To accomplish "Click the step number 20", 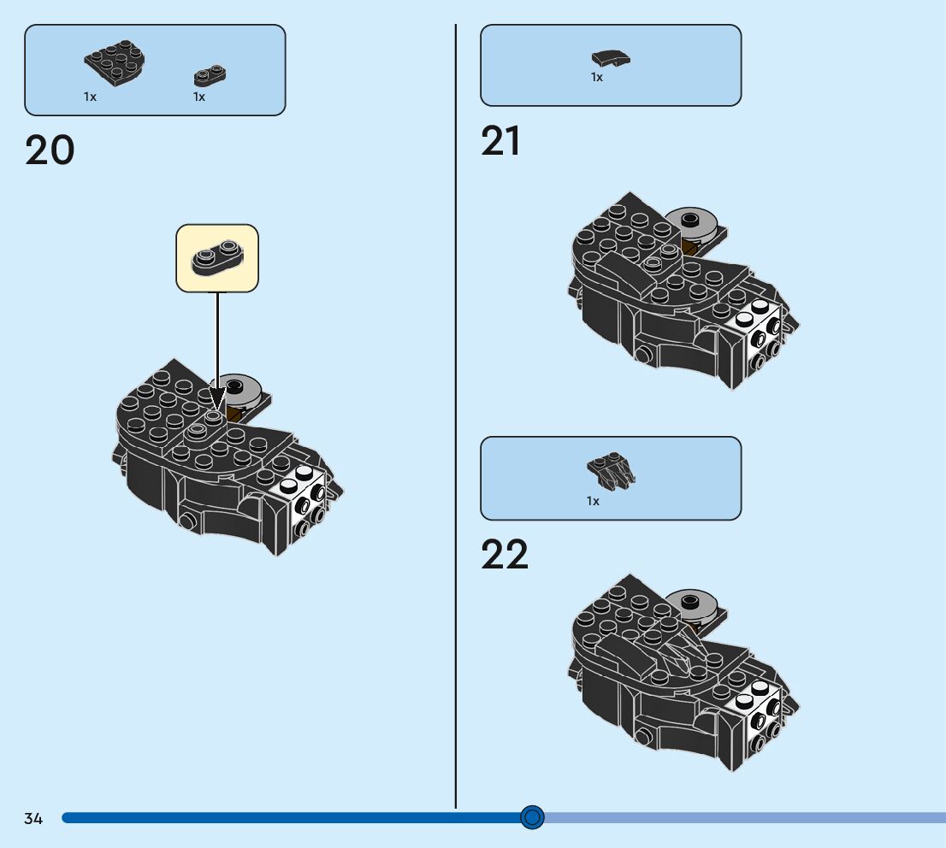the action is click(50, 151).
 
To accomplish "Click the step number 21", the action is click(500, 141).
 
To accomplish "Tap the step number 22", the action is click(505, 555).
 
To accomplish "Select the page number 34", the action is click(33, 819).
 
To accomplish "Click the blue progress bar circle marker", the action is click(532, 818).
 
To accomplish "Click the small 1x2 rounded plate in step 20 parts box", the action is click(210, 76).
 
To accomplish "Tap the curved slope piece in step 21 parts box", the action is click(611, 58).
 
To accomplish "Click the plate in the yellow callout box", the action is click(217, 257).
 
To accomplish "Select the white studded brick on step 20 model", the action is click(302, 500).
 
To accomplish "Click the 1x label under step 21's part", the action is click(597, 78).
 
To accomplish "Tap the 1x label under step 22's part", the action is click(593, 501).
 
